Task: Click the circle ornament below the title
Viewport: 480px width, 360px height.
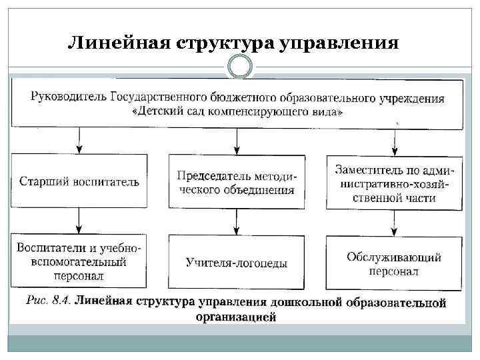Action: (x=240, y=66)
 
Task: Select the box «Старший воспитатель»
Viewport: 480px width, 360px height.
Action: (x=79, y=181)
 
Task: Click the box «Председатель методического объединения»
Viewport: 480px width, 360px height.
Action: (x=237, y=182)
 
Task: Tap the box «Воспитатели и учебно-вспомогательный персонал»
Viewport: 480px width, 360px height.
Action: (x=79, y=261)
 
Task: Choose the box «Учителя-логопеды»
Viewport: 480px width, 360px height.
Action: (x=237, y=263)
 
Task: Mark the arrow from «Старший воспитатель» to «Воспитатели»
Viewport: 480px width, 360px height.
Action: (x=80, y=220)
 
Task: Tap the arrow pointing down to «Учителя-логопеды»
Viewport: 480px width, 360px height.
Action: (x=237, y=221)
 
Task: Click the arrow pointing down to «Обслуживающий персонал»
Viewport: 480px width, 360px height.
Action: (x=395, y=221)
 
